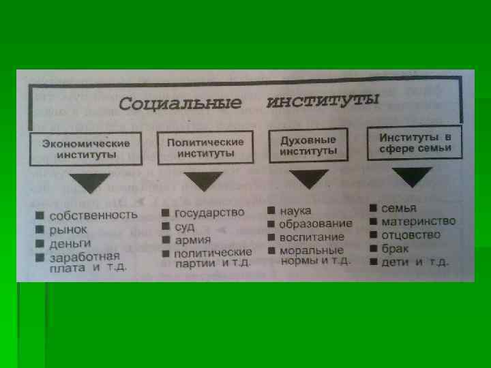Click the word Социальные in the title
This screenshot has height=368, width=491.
pyautogui.click(x=180, y=105)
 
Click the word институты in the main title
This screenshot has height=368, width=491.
pyautogui.click(x=322, y=102)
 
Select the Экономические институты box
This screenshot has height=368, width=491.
pyautogui.click(x=87, y=149)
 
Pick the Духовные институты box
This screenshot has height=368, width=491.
pyautogui.click(x=309, y=144)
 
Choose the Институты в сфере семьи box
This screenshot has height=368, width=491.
pyautogui.click(x=414, y=142)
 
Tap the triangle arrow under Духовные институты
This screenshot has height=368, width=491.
pyautogui.click(x=308, y=179)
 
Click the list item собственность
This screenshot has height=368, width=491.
pyautogui.click(x=93, y=215)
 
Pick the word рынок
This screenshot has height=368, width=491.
pyautogui.click(x=68, y=229)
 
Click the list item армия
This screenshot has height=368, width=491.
pyautogui.click(x=193, y=240)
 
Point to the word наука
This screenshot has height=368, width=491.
pyautogui.click(x=295, y=211)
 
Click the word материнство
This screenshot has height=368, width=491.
pyautogui.click(x=418, y=221)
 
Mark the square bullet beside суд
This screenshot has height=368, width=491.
pyautogui.click(x=165, y=226)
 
